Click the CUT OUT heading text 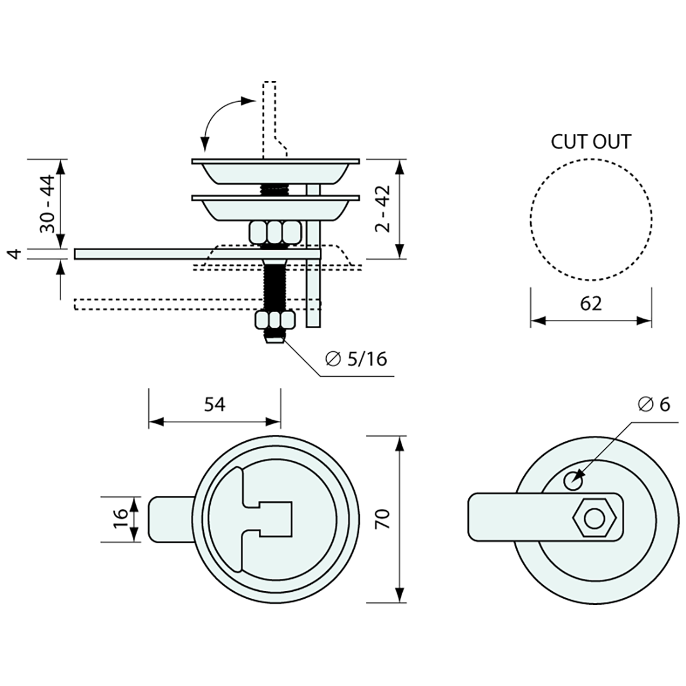click(590, 142)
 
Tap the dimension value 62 click(590, 304)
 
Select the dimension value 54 click(214, 404)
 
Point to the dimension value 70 click(383, 519)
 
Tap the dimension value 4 click(17, 253)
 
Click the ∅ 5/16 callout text click(356, 359)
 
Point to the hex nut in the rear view click(595, 518)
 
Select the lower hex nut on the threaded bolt click(275, 321)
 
